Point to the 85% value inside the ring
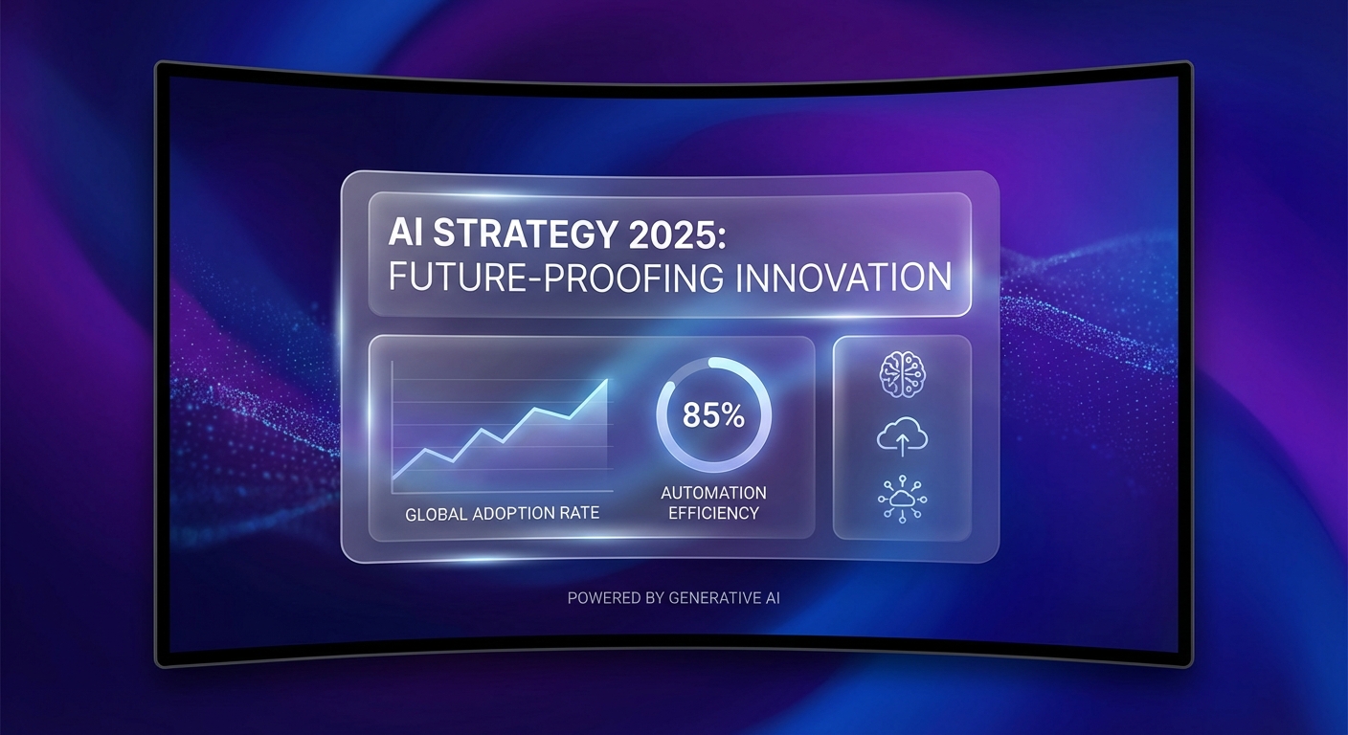tap(713, 415)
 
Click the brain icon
tap(902, 375)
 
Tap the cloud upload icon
tap(902, 436)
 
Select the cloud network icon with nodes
tap(902, 499)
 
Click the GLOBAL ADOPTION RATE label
tap(502, 514)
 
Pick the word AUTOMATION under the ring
tap(713, 493)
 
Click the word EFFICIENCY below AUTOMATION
tap(713, 513)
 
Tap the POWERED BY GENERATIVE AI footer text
tap(673, 598)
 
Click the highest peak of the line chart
tap(607, 380)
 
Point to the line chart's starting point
tap(393, 478)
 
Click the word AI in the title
tap(405, 233)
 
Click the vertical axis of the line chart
tap(392, 427)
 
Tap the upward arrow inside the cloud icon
tap(902, 444)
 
